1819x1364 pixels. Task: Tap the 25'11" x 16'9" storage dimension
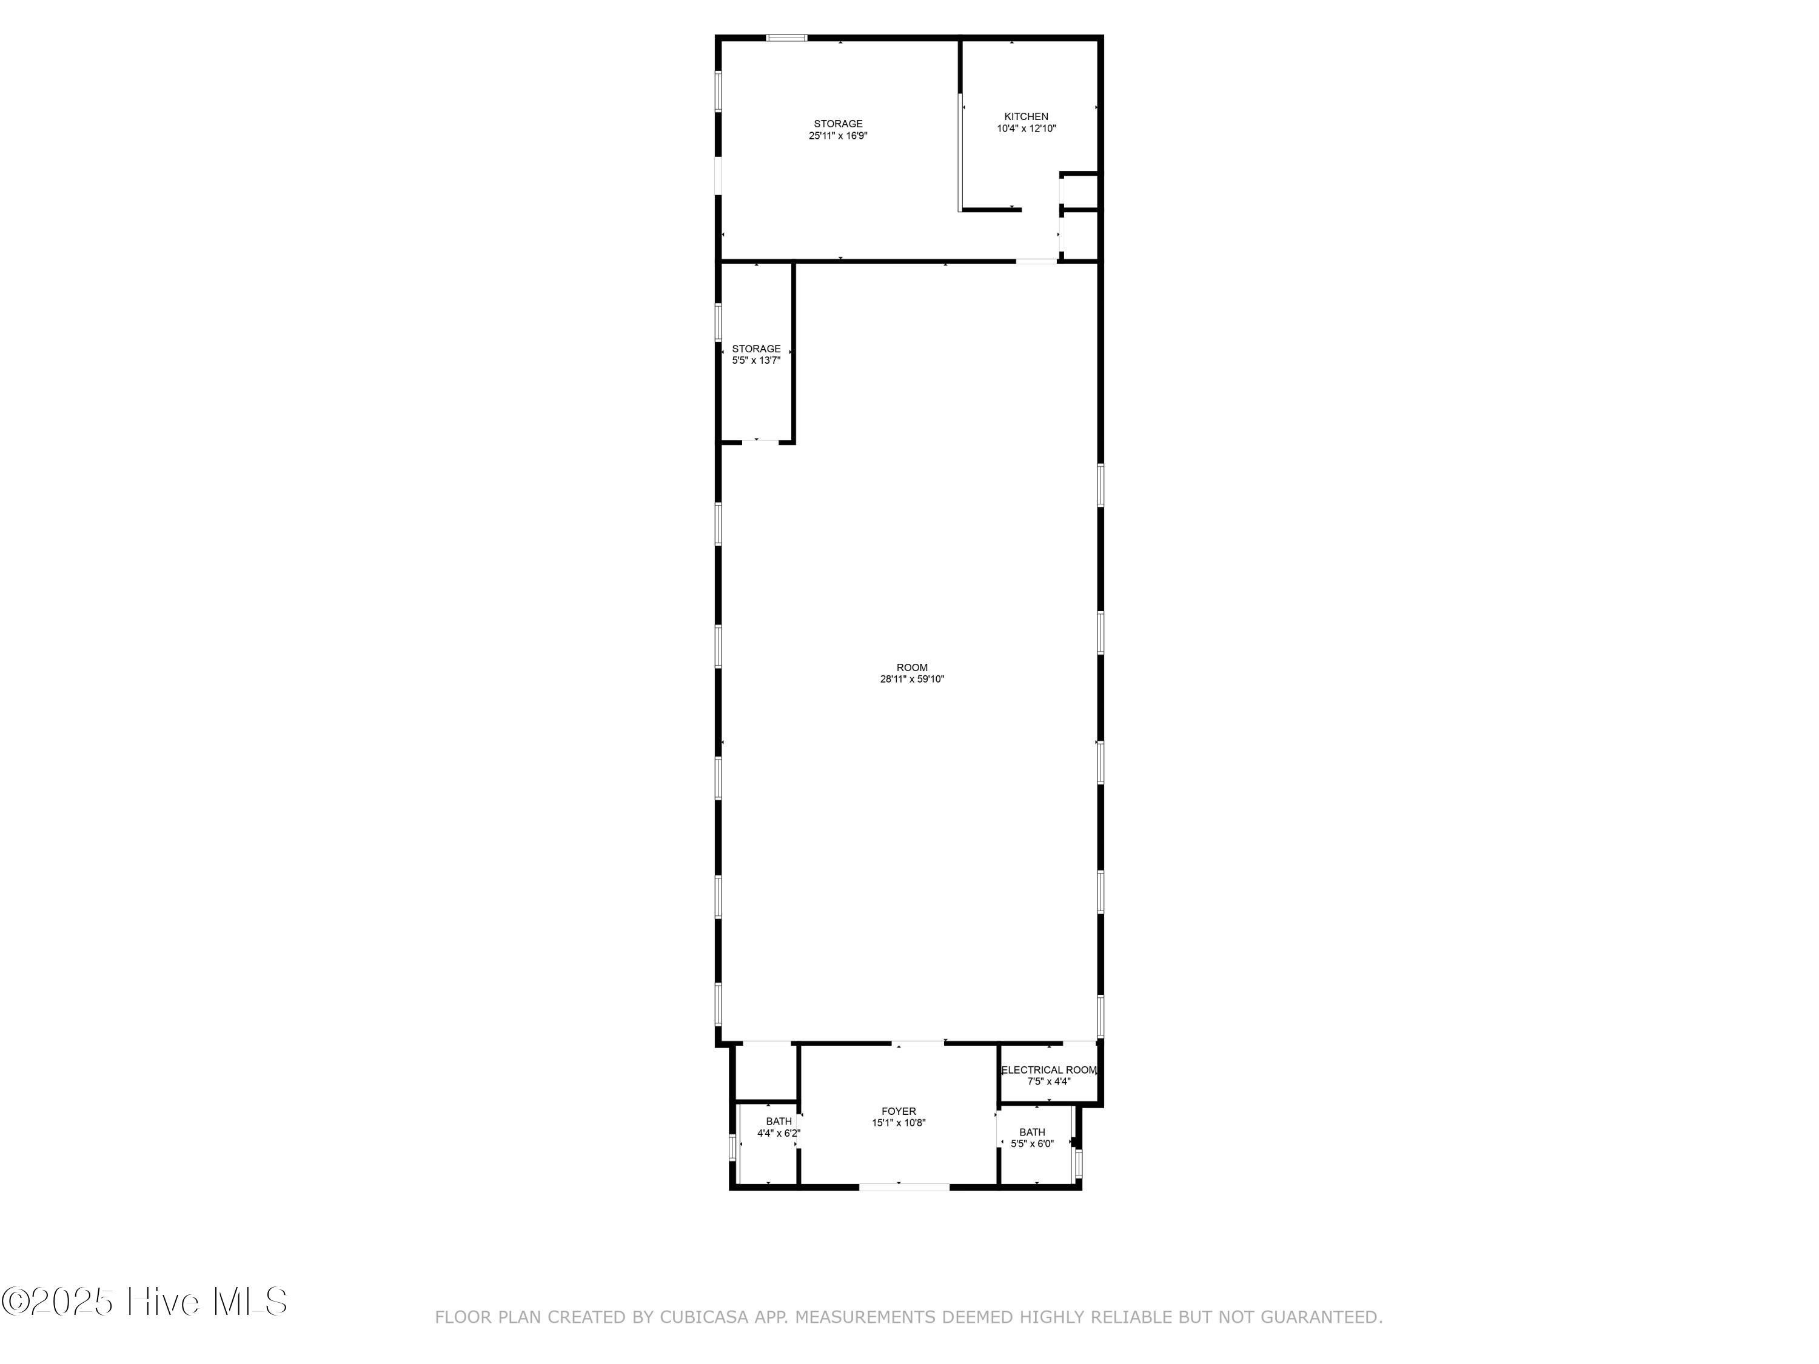(x=837, y=136)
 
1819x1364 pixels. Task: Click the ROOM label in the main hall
(x=911, y=667)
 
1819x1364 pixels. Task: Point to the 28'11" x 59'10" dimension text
(x=911, y=679)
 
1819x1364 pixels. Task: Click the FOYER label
(x=898, y=1111)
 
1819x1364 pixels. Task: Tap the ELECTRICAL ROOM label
(x=1048, y=1069)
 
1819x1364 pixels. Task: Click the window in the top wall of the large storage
(x=786, y=38)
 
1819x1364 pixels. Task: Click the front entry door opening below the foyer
(x=904, y=1186)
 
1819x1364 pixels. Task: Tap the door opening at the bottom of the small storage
(x=761, y=443)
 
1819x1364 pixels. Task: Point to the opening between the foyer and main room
(x=919, y=1043)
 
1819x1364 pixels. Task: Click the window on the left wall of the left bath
(x=732, y=1147)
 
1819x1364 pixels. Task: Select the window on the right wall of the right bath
(x=1078, y=1163)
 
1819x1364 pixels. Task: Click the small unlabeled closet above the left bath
(x=765, y=1071)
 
